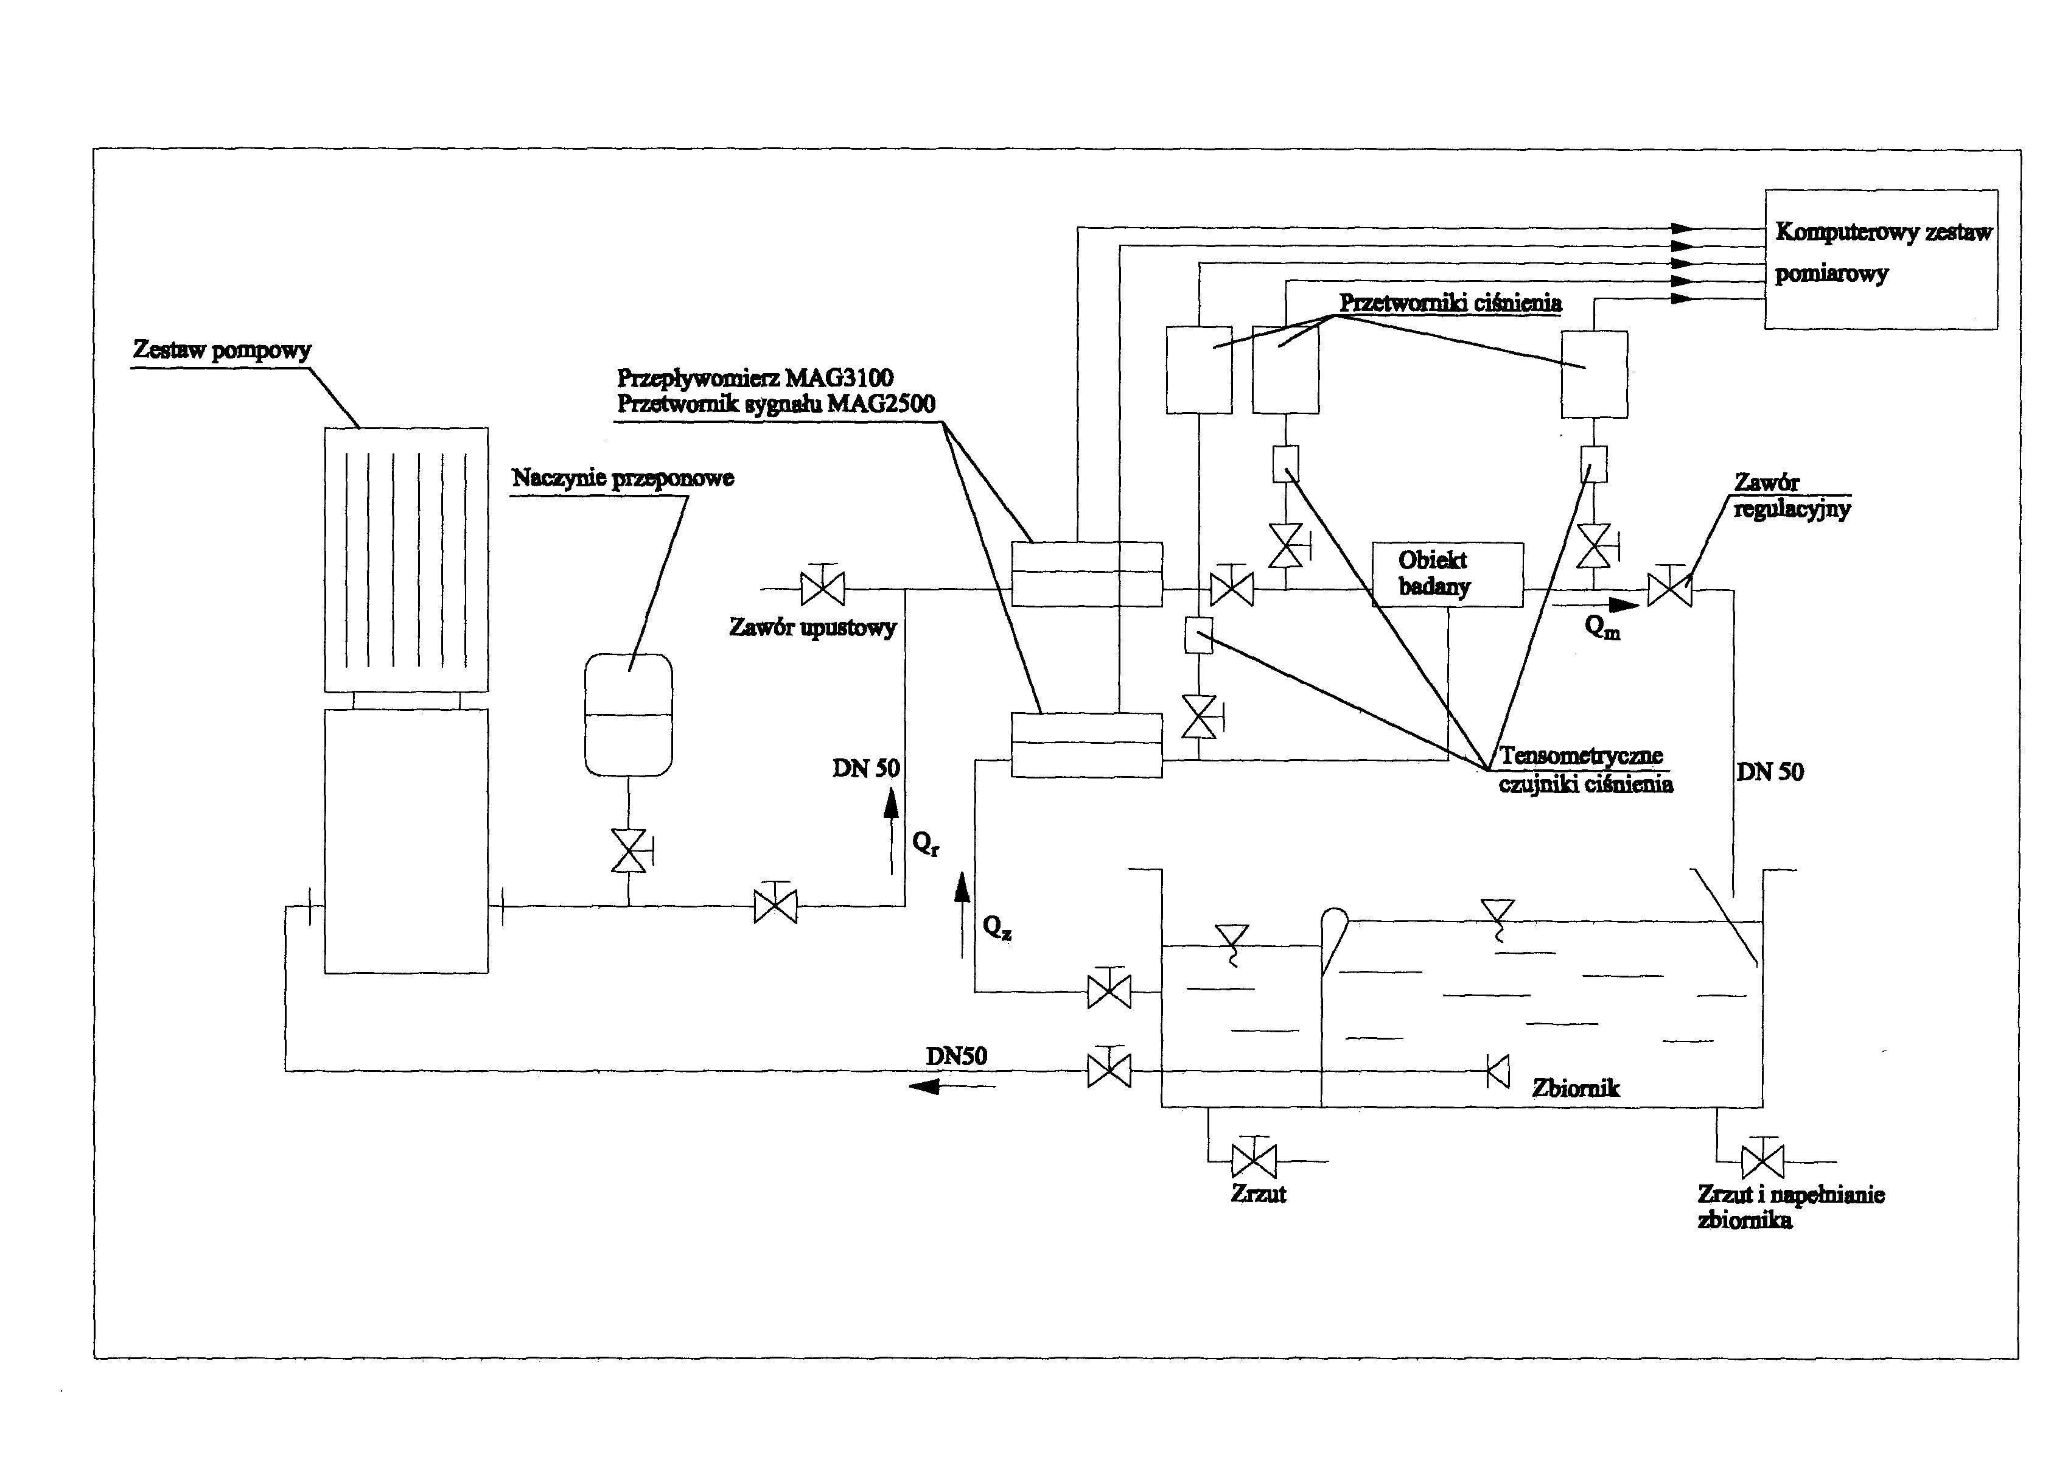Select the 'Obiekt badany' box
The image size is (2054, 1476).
pos(1447,574)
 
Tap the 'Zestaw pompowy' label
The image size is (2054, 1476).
pos(222,351)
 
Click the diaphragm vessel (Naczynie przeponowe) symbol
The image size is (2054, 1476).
pos(629,715)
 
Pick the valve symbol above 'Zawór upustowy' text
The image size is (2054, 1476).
pos(822,589)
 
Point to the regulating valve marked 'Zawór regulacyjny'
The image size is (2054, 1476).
pos(1669,590)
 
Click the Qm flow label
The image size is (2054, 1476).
pos(1602,627)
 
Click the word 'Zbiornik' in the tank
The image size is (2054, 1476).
pos(1575,1088)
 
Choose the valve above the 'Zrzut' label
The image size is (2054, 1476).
pos(1254,1161)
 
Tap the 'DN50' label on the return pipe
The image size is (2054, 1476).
pos(955,1056)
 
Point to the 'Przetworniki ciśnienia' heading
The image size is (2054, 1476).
pos(1450,303)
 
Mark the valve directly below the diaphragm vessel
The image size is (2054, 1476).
pos(629,850)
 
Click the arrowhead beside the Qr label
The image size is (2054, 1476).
pos(891,803)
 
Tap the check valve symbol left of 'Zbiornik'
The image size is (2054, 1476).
pos(1498,1072)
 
